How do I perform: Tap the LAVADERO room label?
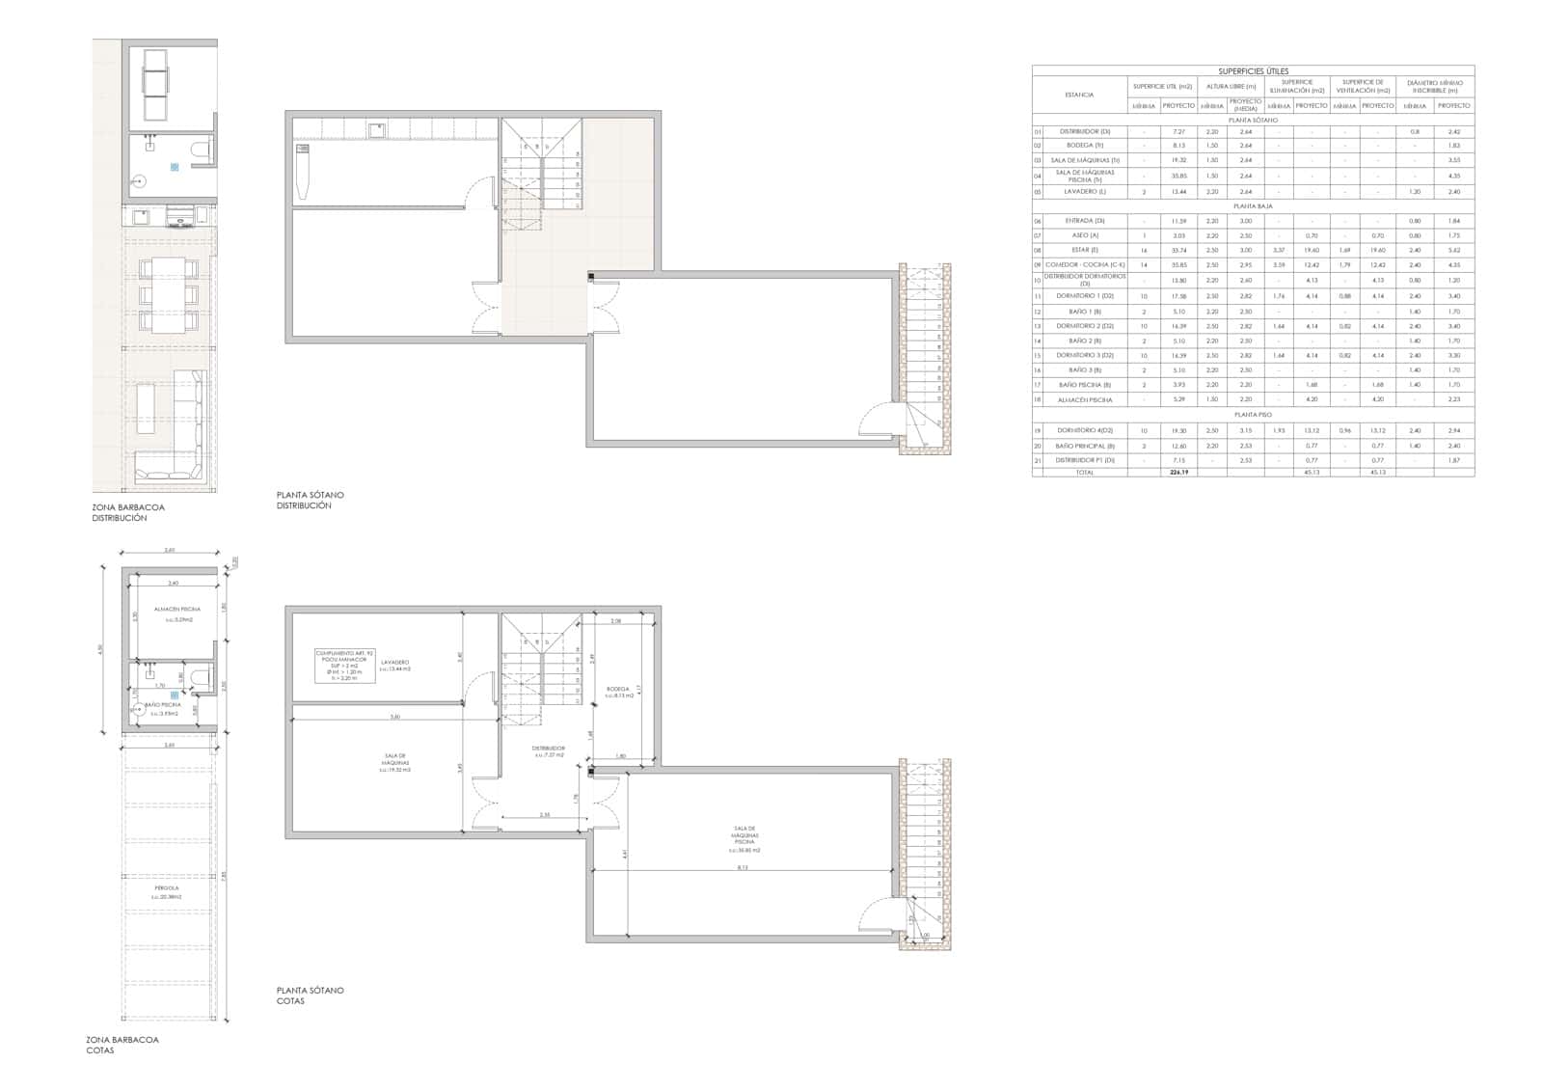[394, 664]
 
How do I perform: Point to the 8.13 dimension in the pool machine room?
[742, 867]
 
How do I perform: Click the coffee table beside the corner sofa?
[146, 408]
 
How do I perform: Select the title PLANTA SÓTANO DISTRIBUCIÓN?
[310, 500]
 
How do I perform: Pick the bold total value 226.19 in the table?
[1177, 473]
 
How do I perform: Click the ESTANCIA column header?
[1079, 95]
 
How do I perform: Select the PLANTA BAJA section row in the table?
[1252, 206]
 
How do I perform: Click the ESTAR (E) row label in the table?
[1080, 250]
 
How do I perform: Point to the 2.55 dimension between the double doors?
[545, 816]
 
